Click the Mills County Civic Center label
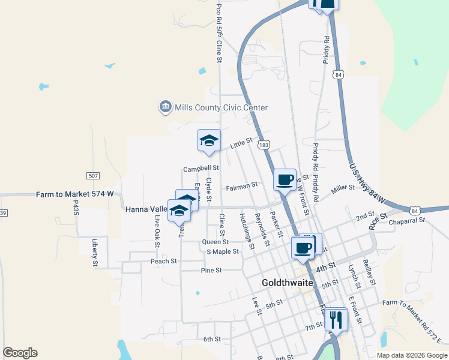pyautogui.click(x=220, y=107)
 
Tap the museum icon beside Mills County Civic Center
pyautogui.click(x=164, y=107)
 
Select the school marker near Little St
pyautogui.click(x=209, y=141)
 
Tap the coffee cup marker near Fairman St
pyautogui.click(x=285, y=179)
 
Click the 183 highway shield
pyautogui.click(x=263, y=145)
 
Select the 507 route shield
pyautogui.click(x=93, y=176)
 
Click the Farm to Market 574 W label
pyautogui.click(x=74, y=194)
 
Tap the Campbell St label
pyautogui.click(x=200, y=169)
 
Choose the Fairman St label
pyautogui.click(x=241, y=187)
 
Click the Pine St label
pyautogui.click(x=211, y=271)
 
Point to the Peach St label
pyautogui.click(x=163, y=262)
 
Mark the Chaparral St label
pyautogui.click(x=406, y=220)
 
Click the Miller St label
pyautogui.click(x=343, y=188)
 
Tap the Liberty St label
pyautogui.click(x=95, y=253)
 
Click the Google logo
pyautogui.click(x=20, y=353)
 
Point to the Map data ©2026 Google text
pyautogui.click(x=411, y=355)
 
